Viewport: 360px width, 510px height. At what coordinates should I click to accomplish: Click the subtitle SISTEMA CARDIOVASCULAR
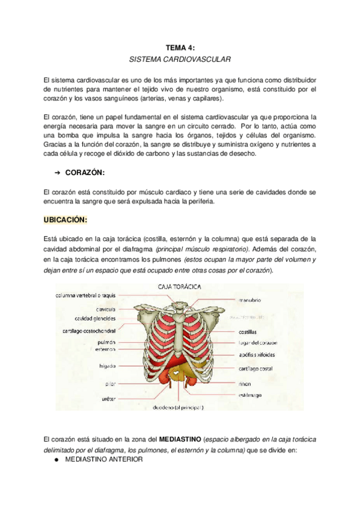click(180, 60)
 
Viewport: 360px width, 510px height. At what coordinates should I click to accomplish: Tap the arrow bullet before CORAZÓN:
click(58, 173)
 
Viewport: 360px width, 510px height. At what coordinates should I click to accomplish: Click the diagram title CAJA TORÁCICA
click(178, 287)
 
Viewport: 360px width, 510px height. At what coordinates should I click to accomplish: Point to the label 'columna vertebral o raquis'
click(86, 296)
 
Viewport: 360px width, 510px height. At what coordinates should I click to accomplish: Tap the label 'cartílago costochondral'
click(90, 330)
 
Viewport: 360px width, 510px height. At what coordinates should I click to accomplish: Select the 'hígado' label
click(108, 365)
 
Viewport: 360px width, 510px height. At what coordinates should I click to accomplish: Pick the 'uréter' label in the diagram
click(108, 398)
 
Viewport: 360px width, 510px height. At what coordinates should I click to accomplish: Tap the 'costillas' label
click(248, 331)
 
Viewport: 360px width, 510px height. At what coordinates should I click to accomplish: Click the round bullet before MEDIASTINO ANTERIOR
click(56, 459)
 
